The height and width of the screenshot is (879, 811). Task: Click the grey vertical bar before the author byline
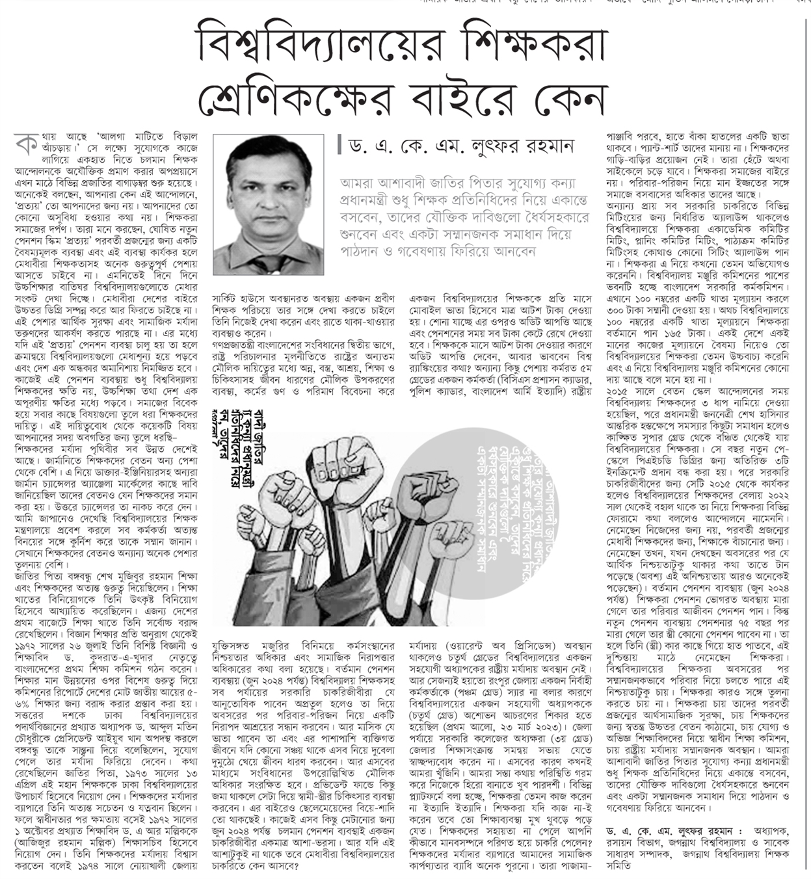pyautogui.click(x=339, y=145)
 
